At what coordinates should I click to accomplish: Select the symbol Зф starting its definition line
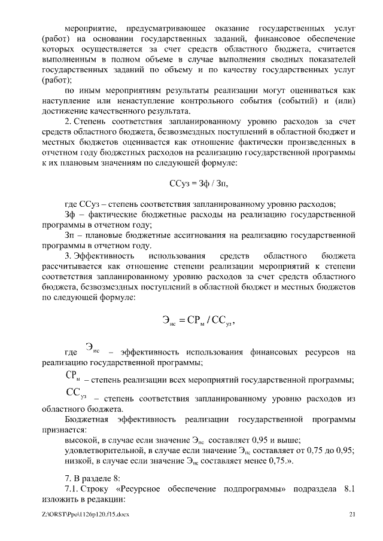click(x=69, y=213)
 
